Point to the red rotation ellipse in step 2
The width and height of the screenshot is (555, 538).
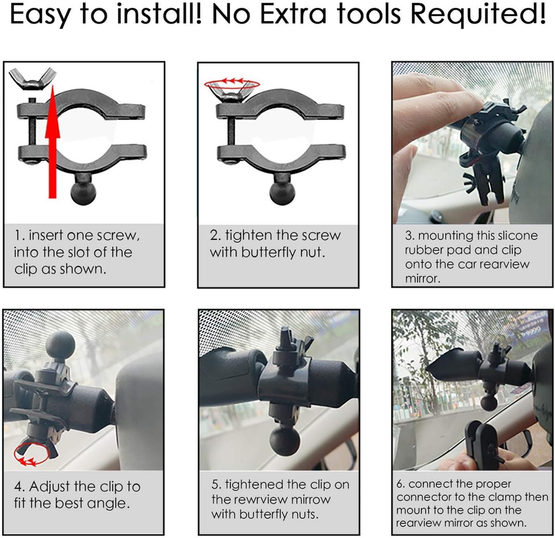pos(232,84)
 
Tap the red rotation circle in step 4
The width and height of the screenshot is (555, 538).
pos(31,454)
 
